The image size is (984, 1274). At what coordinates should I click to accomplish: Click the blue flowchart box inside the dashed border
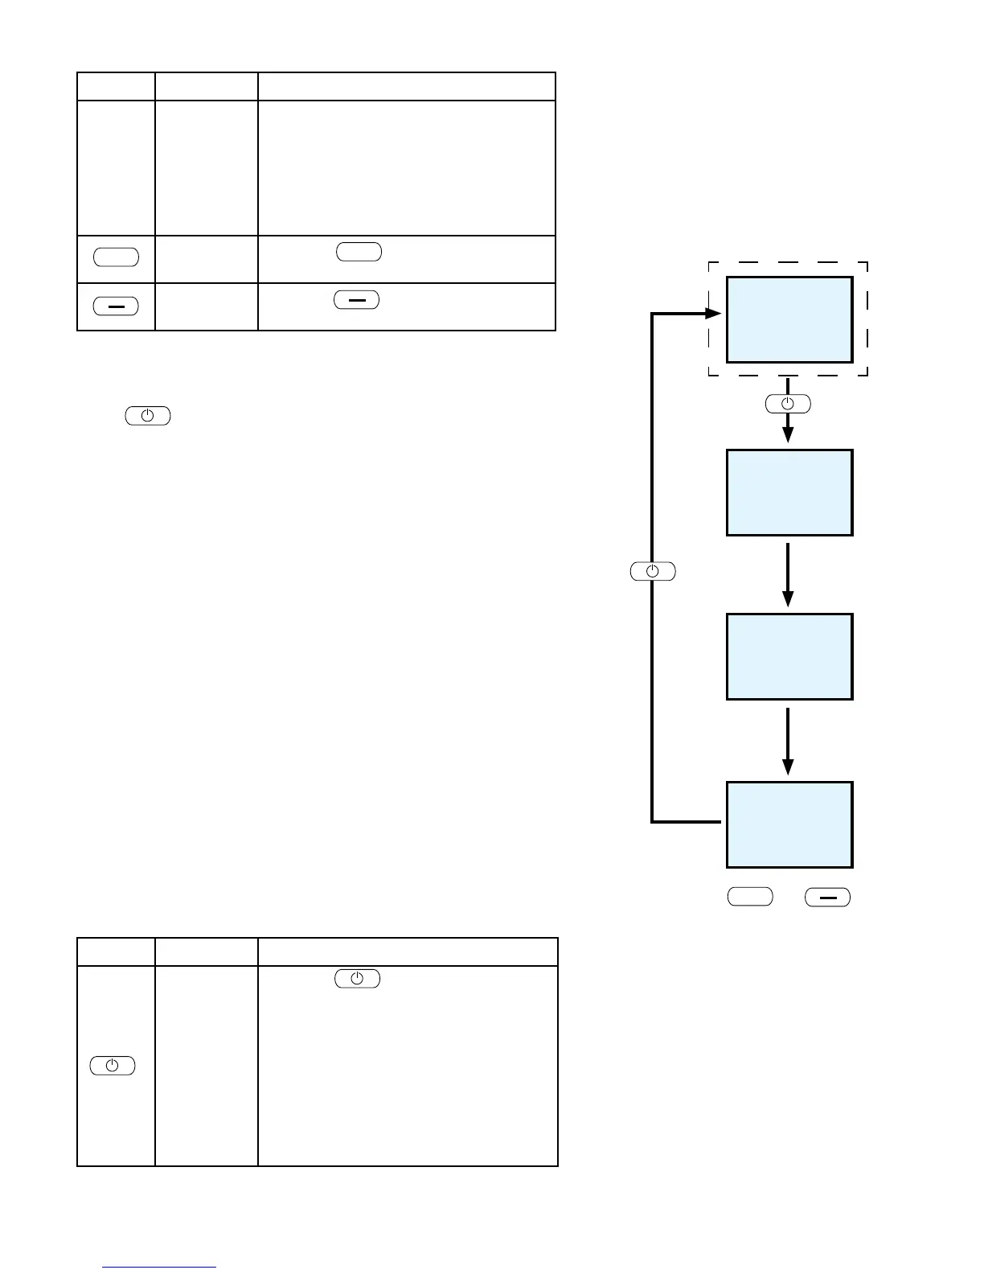(x=789, y=319)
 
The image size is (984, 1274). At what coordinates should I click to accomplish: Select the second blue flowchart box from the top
(x=789, y=492)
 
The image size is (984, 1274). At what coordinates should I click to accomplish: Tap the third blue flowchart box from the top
(x=789, y=656)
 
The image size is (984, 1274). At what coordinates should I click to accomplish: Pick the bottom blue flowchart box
(x=789, y=824)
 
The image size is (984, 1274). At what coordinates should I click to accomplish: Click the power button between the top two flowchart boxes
(x=788, y=404)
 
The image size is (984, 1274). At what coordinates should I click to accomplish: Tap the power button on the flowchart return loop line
(x=652, y=571)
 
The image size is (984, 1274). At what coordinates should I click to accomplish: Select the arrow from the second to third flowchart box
(x=788, y=574)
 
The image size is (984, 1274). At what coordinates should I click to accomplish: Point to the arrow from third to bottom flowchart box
(x=788, y=740)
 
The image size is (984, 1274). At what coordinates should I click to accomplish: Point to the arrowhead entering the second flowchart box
(x=788, y=435)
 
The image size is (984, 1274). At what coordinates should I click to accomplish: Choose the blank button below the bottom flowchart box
(x=750, y=897)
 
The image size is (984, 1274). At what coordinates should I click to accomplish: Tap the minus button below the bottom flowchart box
(x=827, y=897)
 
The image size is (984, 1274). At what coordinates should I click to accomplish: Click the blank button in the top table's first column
(x=116, y=257)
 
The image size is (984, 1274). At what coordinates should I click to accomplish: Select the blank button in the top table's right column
(x=359, y=251)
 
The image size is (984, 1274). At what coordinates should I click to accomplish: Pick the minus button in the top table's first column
(x=116, y=306)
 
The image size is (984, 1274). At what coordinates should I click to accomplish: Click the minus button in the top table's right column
(x=356, y=300)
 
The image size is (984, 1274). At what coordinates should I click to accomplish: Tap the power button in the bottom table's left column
(x=113, y=1066)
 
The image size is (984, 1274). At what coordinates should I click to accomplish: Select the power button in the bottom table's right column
(x=357, y=979)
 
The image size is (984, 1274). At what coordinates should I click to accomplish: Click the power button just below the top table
(x=148, y=416)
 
